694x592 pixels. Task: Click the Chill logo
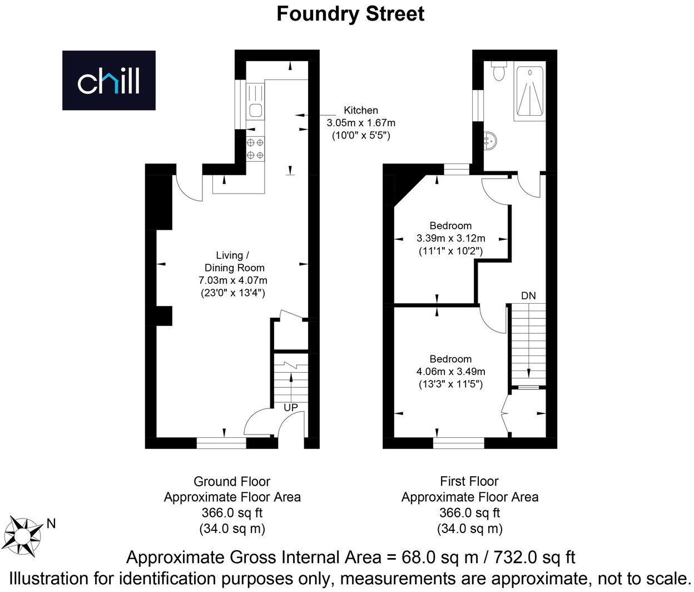pos(108,80)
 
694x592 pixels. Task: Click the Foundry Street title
pos(350,13)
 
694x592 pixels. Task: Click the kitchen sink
pos(256,110)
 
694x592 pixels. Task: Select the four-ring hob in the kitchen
pos(255,149)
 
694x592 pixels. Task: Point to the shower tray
pos(529,91)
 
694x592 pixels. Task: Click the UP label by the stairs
pos(291,407)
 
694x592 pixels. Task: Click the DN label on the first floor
pos(528,295)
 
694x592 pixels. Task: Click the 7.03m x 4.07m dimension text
pos(233,280)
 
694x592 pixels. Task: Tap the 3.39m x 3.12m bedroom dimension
pos(450,238)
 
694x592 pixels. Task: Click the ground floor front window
pos(221,443)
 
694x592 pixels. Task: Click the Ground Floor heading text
pos(232,481)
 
